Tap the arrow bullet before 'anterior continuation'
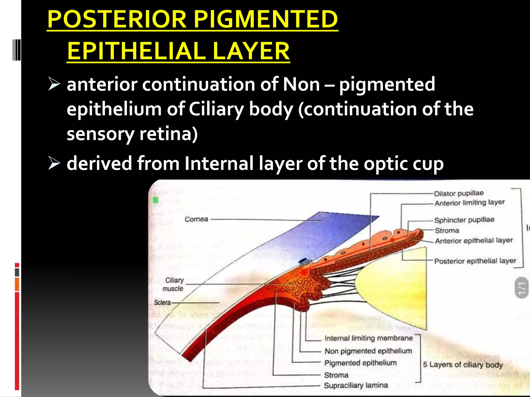click(x=54, y=85)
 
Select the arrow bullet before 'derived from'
click(x=54, y=163)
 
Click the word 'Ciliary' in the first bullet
click(x=216, y=109)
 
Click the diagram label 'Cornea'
click(x=196, y=219)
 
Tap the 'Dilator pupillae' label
click(x=459, y=193)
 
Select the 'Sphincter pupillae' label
click(x=464, y=220)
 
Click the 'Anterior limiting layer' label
click(x=469, y=203)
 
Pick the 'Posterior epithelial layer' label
click(x=475, y=261)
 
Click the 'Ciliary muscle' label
click(x=174, y=284)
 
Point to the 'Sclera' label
click(x=162, y=302)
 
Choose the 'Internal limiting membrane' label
click(x=369, y=338)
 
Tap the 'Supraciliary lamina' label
click(x=356, y=385)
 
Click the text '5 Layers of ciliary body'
click(x=463, y=365)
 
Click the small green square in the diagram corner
click(x=156, y=200)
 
